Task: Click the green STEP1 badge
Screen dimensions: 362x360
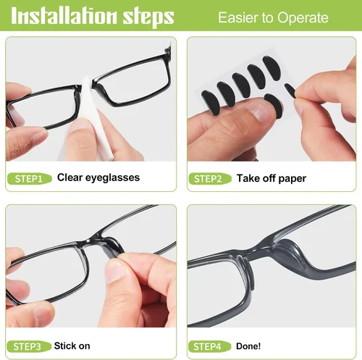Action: (x=30, y=179)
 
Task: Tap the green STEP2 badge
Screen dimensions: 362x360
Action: (x=210, y=179)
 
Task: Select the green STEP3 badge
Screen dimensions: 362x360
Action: (x=29, y=347)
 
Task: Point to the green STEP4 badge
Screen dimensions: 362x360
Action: (x=209, y=347)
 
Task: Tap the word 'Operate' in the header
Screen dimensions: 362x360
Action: (x=303, y=18)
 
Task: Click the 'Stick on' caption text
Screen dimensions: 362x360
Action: (x=72, y=346)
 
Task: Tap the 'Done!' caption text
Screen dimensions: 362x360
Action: (x=248, y=346)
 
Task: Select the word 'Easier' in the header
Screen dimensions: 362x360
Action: (x=237, y=17)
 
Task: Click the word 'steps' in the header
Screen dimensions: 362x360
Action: (x=148, y=17)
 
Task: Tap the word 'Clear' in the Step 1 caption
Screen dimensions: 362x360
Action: (x=70, y=177)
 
